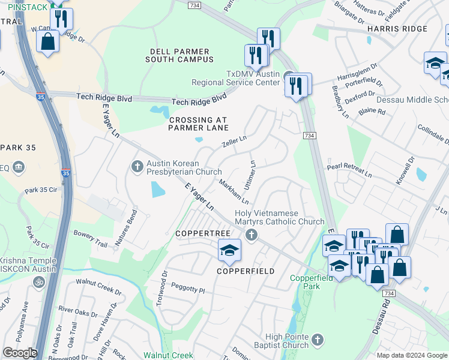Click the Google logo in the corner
click(20, 353)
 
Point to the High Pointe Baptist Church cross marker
click(317, 340)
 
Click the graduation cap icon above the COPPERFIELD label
click(229, 251)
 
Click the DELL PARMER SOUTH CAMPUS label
click(179, 55)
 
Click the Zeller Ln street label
click(234, 142)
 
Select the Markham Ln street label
click(234, 191)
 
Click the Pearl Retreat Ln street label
click(349, 170)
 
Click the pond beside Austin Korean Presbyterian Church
click(157, 190)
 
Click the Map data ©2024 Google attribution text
click(411, 355)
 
